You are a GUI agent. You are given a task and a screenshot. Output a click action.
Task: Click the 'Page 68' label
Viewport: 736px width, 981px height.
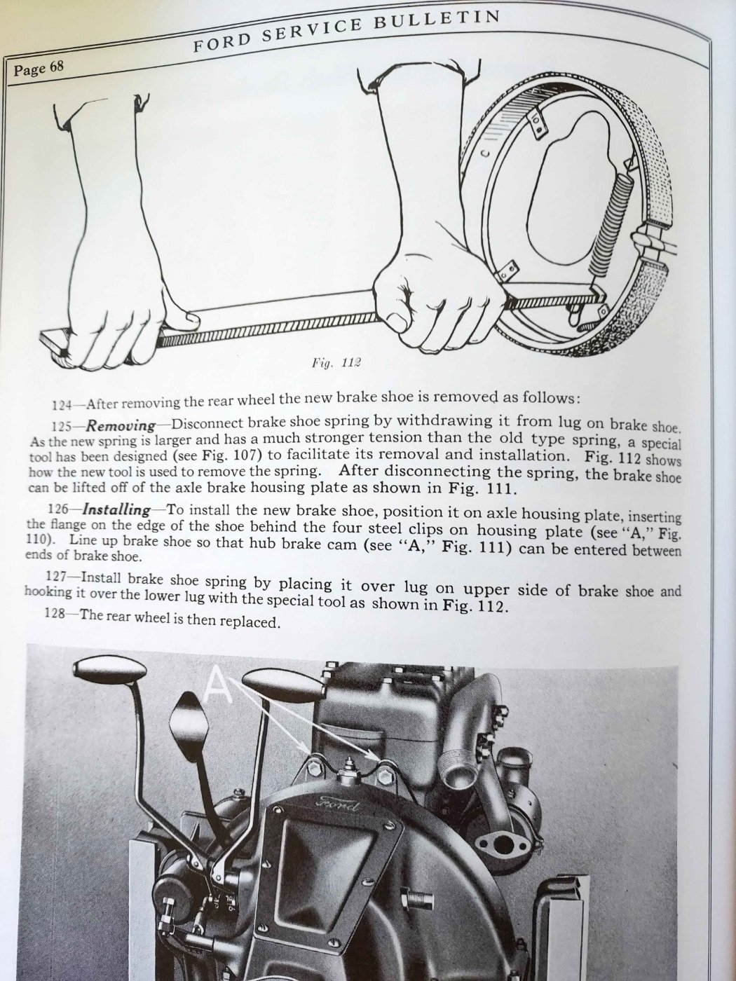[x=39, y=69]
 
